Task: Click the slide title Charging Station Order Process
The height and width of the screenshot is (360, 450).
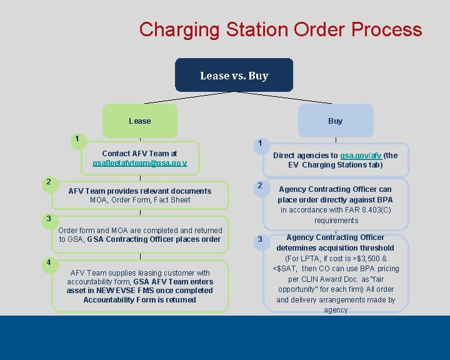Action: pyautogui.click(x=281, y=29)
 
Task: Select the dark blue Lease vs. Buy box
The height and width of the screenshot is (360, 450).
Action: pyautogui.click(x=234, y=76)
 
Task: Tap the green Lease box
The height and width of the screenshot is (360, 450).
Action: pyautogui.click(x=140, y=121)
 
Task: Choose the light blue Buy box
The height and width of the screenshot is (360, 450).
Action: pyautogui.click(x=335, y=121)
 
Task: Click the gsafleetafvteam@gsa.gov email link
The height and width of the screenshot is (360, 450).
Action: pyautogui.click(x=140, y=163)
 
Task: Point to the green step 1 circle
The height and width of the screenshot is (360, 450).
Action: pyautogui.click(x=76, y=139)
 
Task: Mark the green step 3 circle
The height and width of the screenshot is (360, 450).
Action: pyautogui.click(x=48, y=219)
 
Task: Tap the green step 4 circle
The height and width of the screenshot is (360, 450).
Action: pyautogui.click(x=48, y=262)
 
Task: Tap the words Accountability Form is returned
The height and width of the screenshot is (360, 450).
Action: pyautogui.click(x=140, y=300)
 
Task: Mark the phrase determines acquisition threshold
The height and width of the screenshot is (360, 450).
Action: pyautogui.click(x=336, y=248)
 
